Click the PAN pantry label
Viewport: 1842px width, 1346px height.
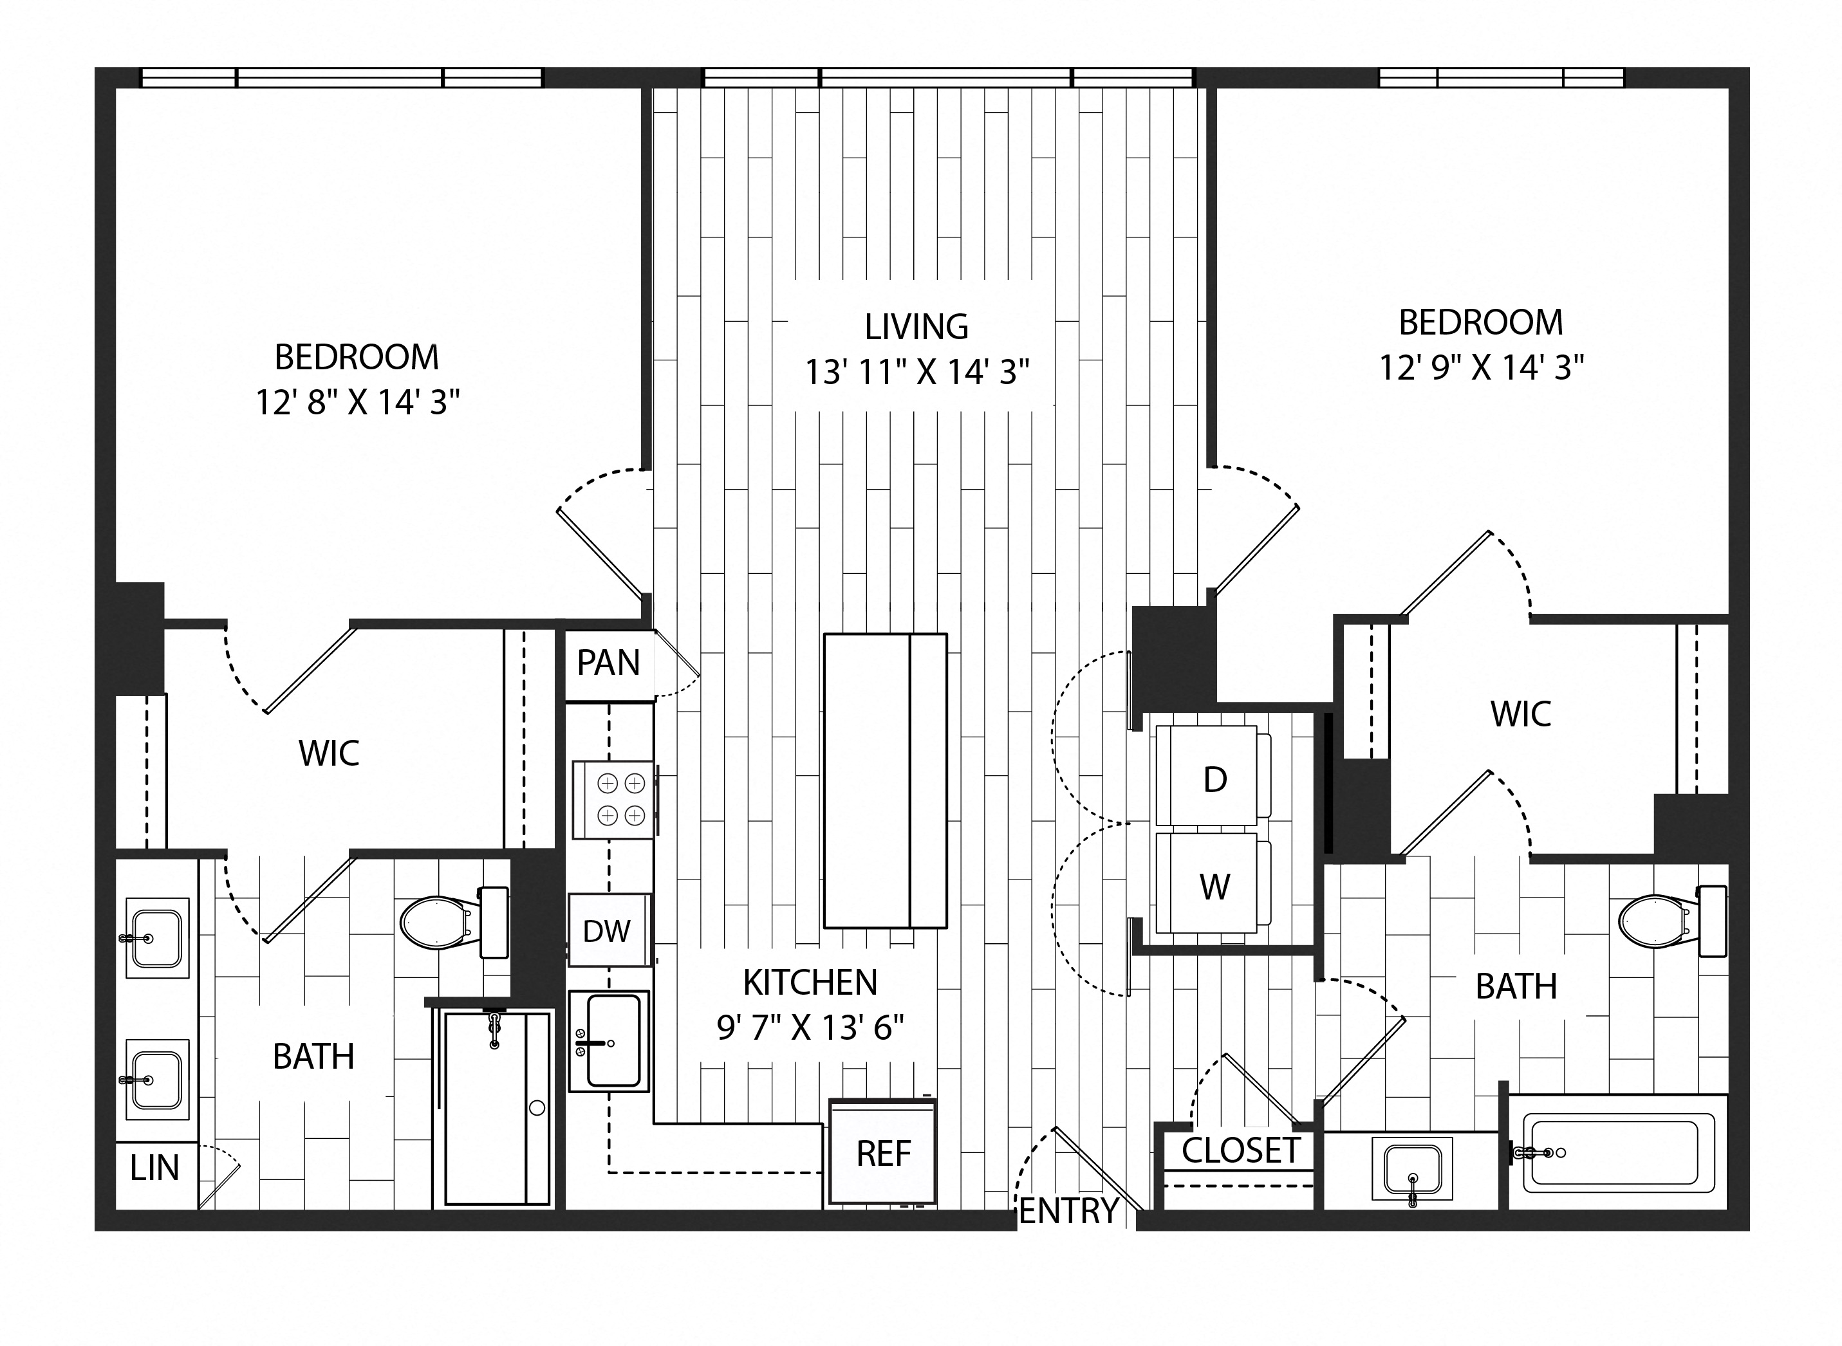tap(608, 663)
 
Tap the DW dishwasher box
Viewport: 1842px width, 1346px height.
tap(607, 930)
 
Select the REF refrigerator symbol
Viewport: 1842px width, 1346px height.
tap(882, 1153)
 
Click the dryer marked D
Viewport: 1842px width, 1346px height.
tap(1214, 779)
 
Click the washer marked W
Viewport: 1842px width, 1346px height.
tap(1214, 886)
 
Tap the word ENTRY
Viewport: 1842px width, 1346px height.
tap(1068, 1211)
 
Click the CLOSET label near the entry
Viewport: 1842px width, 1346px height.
tap(1240, 1150)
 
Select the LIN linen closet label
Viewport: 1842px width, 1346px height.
tap(154, 1168)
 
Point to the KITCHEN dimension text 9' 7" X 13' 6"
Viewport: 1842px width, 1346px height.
tap(810, 1028)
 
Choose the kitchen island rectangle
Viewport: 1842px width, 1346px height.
tap(884, 780)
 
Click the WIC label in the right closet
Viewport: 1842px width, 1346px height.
tap(1520, 713)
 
